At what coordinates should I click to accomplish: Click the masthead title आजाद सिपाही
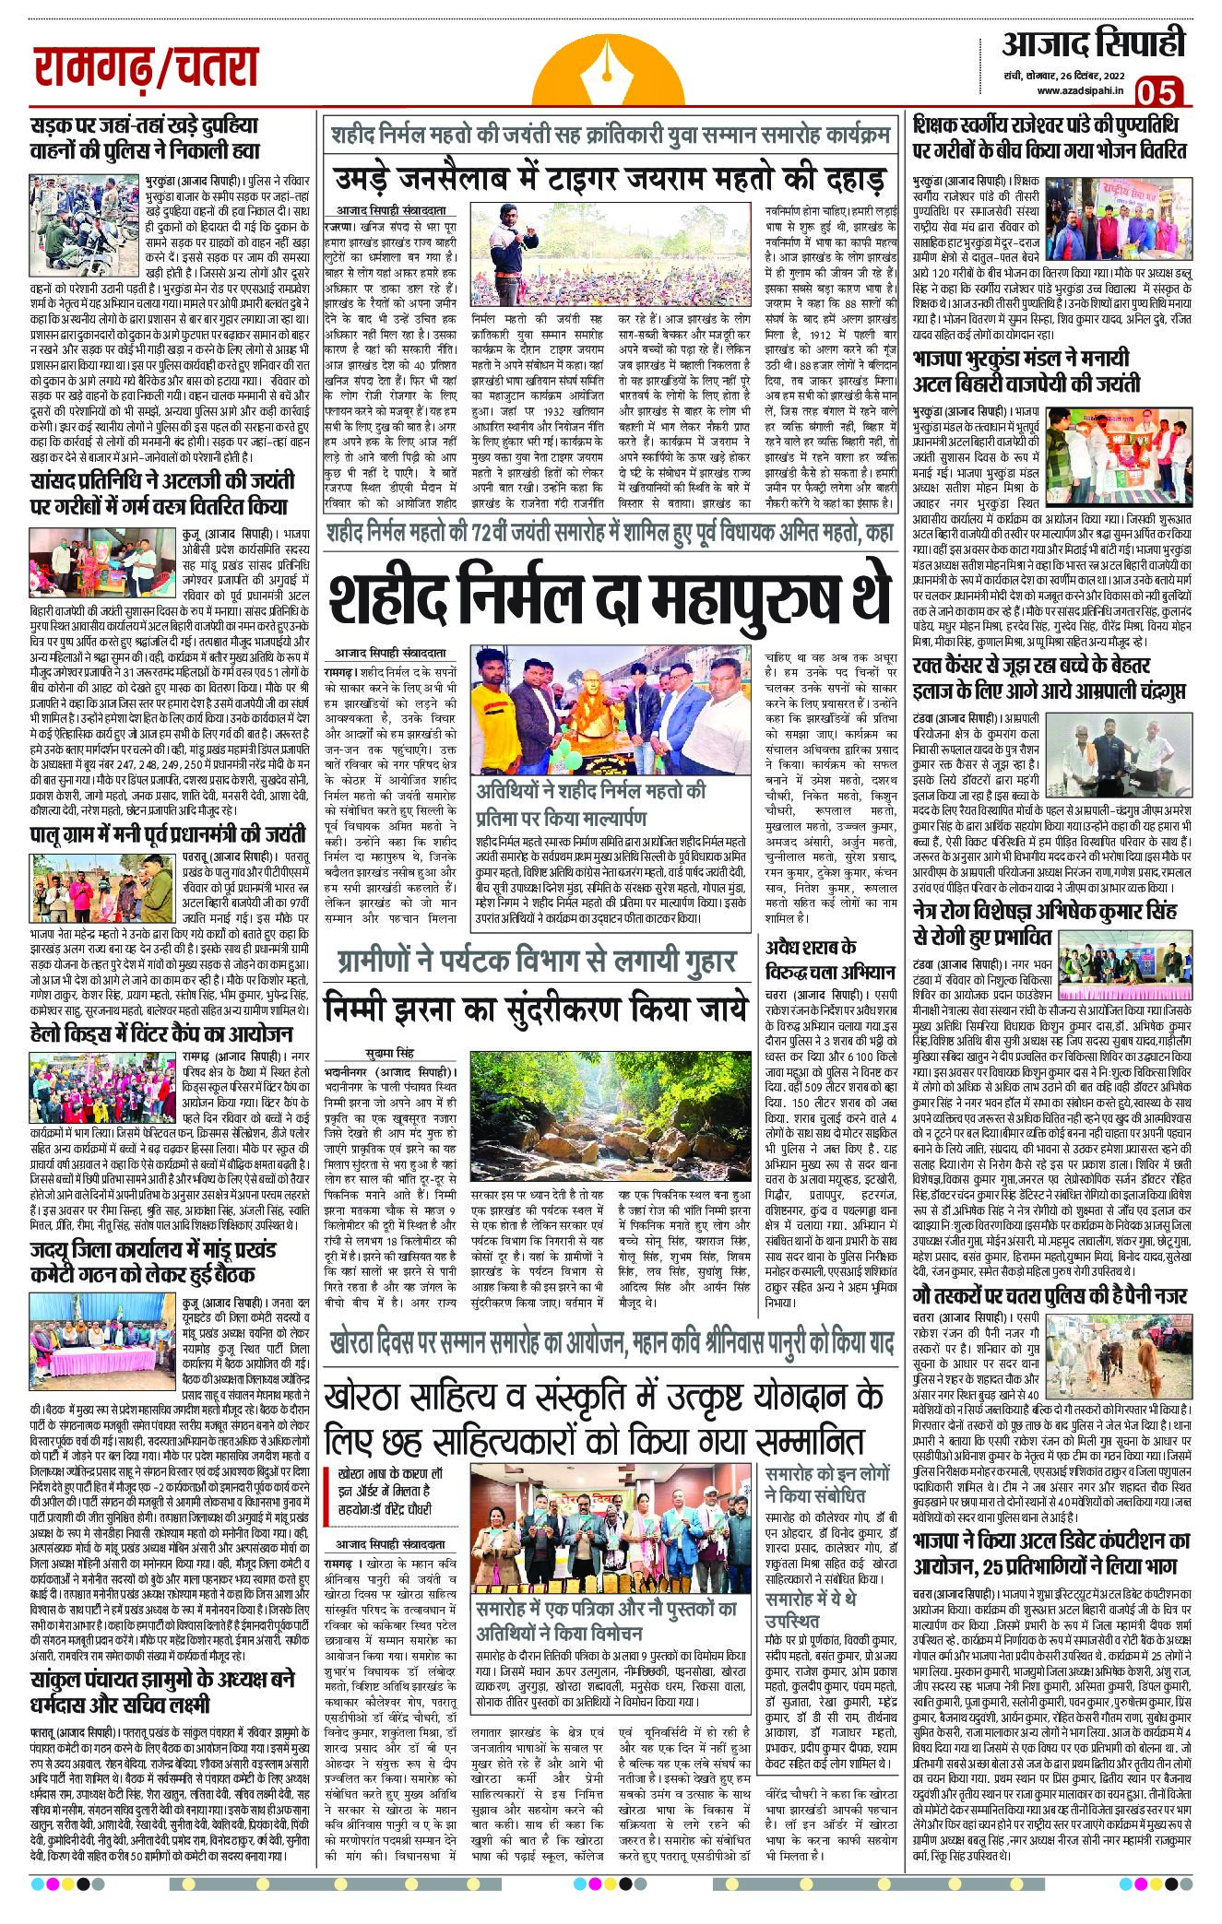pyautogui.click(x=1092, y=43)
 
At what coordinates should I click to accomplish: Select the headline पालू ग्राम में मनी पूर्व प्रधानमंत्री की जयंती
pyautogui.click(x=167, y=836)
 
